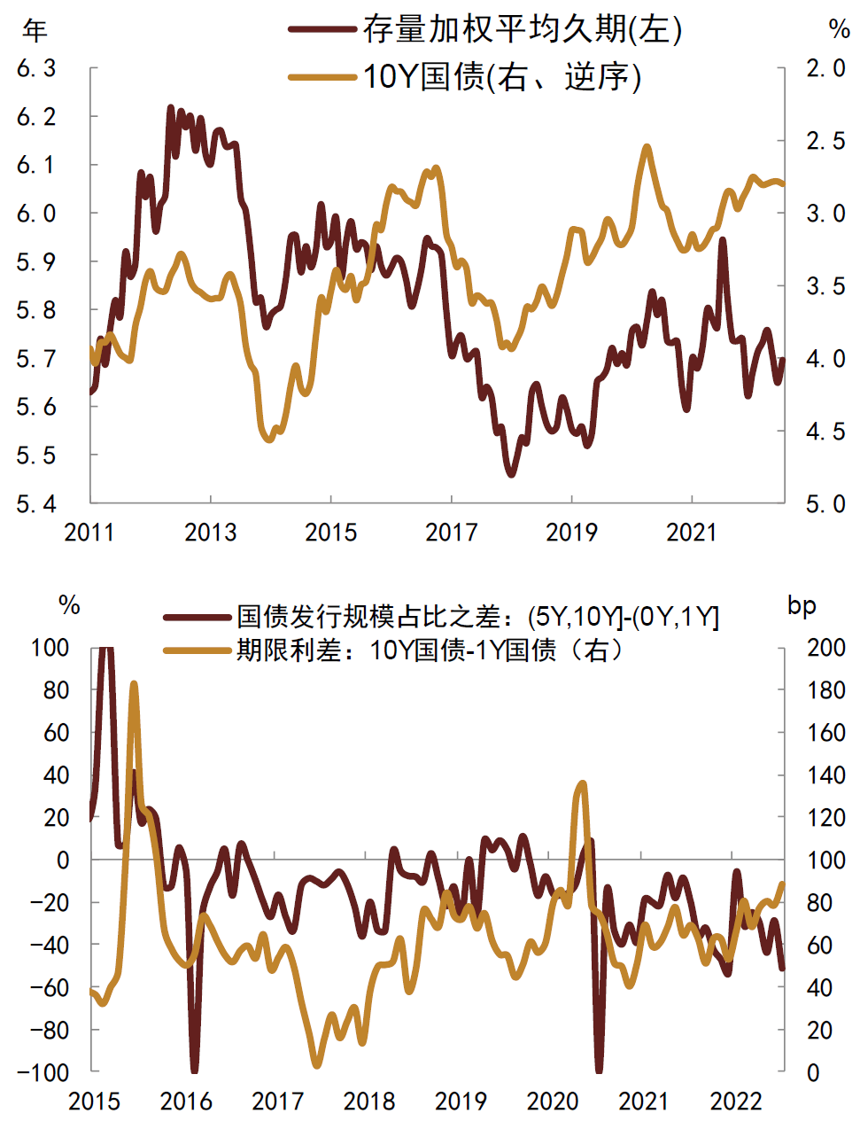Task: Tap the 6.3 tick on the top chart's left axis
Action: (36, 68)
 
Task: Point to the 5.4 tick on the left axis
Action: (36, 504)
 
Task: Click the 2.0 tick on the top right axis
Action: (825, 68)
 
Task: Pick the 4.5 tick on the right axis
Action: (825, 432)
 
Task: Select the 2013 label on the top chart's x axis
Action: (211, 533)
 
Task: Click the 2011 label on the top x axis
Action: (90, 533)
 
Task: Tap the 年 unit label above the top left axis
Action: (35, 31)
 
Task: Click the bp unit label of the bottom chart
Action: (802, 606)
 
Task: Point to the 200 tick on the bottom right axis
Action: (825, 648)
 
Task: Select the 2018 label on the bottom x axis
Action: (369, 1102)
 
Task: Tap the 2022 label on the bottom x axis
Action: (736, 1102)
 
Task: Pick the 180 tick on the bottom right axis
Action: (825, 690)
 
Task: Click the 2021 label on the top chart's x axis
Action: (692, 533)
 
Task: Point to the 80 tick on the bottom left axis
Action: (56, 690)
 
